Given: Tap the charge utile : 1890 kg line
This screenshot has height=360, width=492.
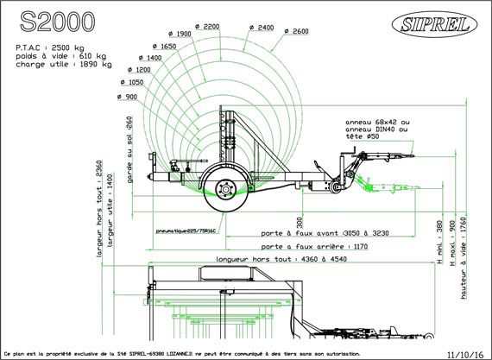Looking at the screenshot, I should coord(63,63).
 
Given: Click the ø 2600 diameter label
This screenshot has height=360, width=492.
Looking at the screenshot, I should coord(295,32).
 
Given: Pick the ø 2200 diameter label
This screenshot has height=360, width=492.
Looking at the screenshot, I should coord(207,27).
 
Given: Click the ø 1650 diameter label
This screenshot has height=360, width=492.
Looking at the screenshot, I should coord(163,46).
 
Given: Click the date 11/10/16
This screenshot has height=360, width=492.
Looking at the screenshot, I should coord(467,353).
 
